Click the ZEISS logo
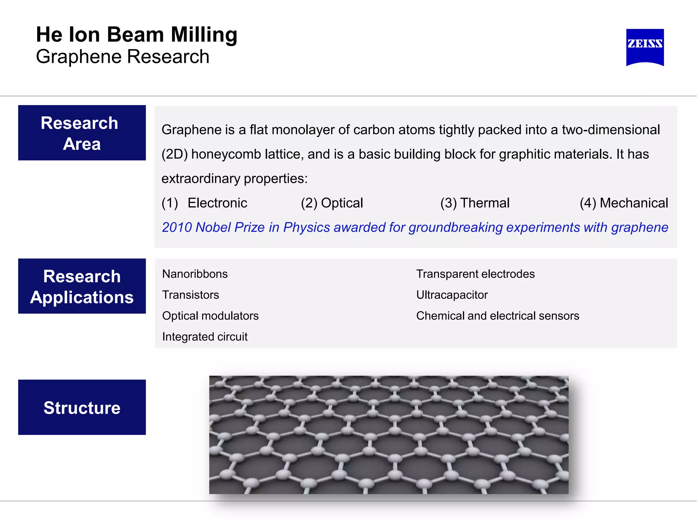coord(645,47)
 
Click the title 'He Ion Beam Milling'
coord(136,35)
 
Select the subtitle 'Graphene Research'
coord(123,57)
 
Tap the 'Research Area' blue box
coord(82,133)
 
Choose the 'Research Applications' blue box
coord(82,286)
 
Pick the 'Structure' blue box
coord(82,407)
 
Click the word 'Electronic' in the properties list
coord(217,203)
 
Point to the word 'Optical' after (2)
coord(342,203)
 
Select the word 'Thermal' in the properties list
coord(485,203)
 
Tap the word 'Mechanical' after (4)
coord(634,203)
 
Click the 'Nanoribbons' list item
coord(195,274)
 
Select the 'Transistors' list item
coord(190,295)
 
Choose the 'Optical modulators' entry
coord(210,316)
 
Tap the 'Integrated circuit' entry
coord(205,337)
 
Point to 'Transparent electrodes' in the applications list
coord(475,274)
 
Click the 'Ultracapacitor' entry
coord(452,295)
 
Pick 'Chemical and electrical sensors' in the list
coord(497,316)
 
